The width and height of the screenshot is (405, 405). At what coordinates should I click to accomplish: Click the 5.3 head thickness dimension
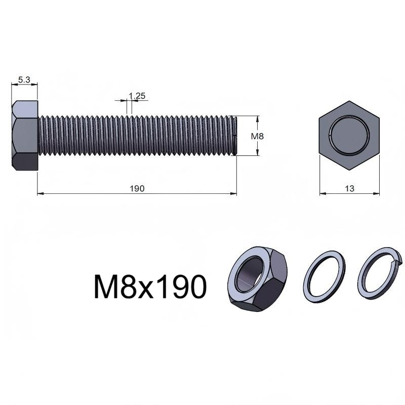[x=24, y=80]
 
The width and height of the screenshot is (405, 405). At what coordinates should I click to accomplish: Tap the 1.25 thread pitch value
[x=137, y=96]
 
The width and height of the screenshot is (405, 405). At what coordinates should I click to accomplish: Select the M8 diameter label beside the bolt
[x=257, y=136]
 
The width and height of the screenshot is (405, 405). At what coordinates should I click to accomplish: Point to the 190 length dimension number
[x=137, y=188]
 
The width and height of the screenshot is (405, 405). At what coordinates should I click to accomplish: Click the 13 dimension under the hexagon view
[x=349, y=188]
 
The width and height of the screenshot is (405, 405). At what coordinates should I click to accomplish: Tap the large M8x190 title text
[x=150, y=287]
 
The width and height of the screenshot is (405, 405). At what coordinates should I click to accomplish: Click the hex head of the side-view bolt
[x=25, y=136]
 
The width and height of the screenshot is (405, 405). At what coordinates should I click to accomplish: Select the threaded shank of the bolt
[x=137, y=136]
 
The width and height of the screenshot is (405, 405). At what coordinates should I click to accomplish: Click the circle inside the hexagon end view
[x=349, y=135]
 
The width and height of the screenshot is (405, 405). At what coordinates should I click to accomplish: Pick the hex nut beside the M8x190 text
[x=258, y=279]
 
